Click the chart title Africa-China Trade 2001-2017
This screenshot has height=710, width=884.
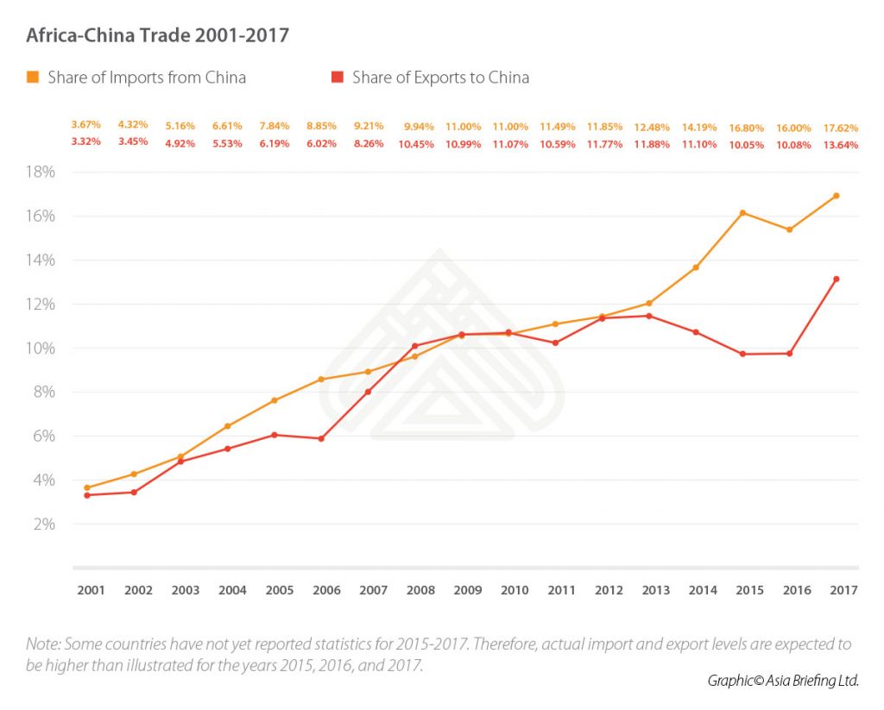coord(158,35)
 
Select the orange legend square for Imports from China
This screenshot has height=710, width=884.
coord(33,78)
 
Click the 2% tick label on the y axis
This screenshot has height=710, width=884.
coord(43,524)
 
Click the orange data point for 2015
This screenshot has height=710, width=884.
coord(743,212)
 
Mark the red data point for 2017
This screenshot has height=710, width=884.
coord(837,279)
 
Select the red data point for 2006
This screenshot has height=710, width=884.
coord(321,438)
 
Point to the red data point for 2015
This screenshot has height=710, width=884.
coord(743,354)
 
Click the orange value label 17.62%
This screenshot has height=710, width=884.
coord(841,127)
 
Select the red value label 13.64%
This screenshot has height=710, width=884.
coord(841,144)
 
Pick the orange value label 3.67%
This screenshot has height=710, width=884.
coord(86,126)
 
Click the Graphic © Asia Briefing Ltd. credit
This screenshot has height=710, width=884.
coord(781,681)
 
